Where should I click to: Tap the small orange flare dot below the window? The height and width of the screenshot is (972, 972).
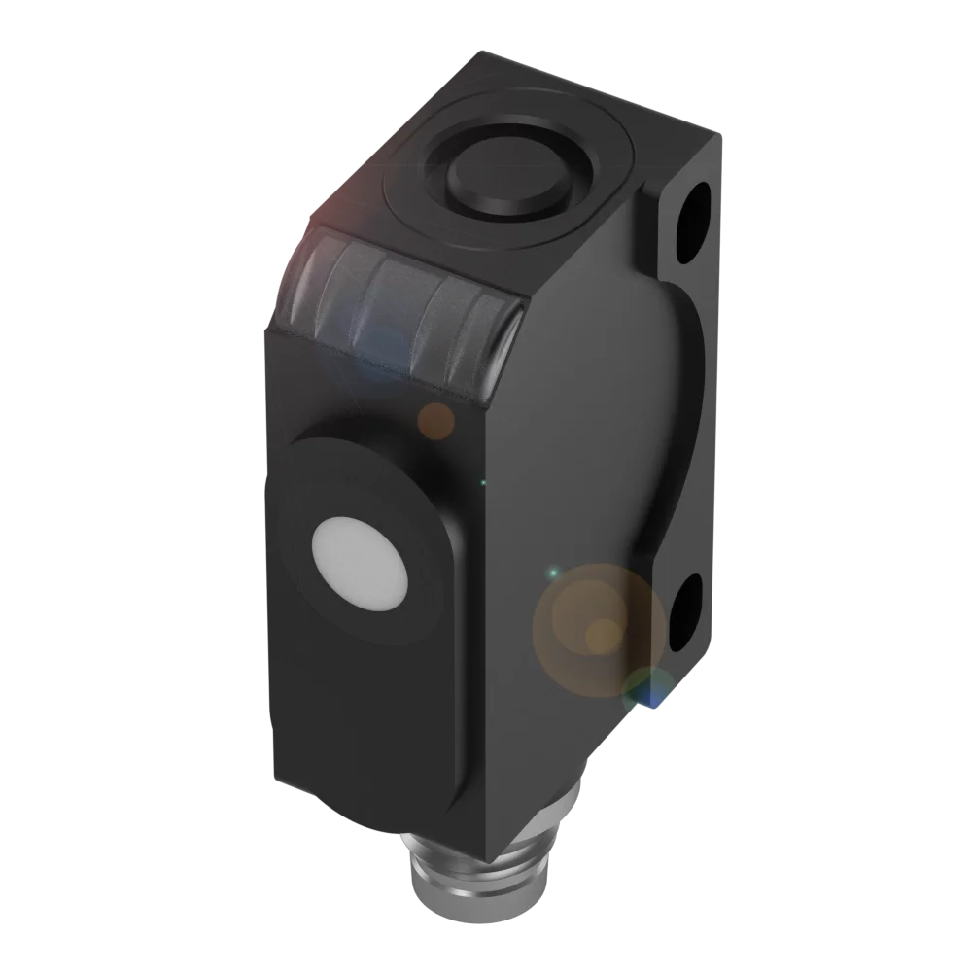(x=435, y=420)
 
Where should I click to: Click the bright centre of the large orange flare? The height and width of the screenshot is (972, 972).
(x=603, y=634)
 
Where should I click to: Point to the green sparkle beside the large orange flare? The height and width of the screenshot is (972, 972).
(x=552, y=573)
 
